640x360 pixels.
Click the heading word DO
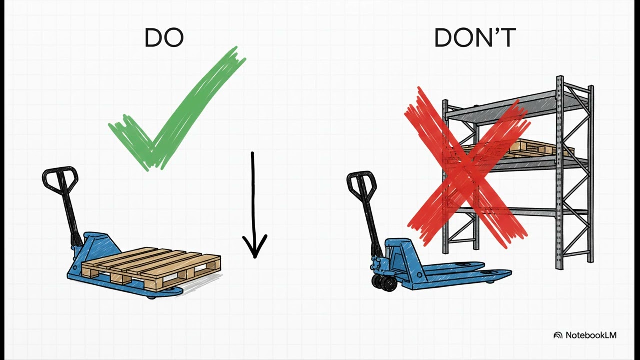(x=164, y=38)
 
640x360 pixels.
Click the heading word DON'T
(x=475, y=38)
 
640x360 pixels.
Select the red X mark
(x=468, y=167)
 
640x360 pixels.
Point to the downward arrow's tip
(x=255, y=258)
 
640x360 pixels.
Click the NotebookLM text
(x=591, y=335)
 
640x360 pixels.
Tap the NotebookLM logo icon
(x=558, y=335)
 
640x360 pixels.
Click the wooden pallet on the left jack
(x=151, y=268)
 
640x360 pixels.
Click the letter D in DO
(x=153, y=38)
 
